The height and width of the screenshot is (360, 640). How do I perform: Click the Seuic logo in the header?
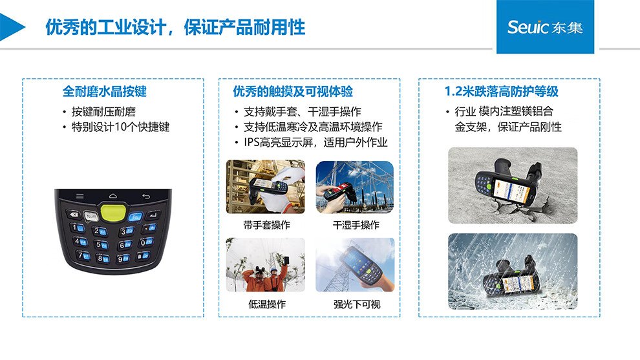point(545,27)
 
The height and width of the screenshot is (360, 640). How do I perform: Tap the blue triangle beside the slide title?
point(12,27)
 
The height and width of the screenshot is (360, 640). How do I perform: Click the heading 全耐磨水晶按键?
point(105,91)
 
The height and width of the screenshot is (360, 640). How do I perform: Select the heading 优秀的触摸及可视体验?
point(293,91)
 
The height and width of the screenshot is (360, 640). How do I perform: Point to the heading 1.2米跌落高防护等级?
point(501,91)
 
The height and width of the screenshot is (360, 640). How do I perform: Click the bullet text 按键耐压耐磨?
point(103,111)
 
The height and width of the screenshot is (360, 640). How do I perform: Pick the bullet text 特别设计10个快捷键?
point(120,127)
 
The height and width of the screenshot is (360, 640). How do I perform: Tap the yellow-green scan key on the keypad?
point(112,212)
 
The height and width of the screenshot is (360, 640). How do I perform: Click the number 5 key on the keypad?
point(101,244)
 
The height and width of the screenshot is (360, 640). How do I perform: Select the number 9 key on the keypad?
point(123,259)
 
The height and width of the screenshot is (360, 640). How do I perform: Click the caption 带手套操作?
point(266,225)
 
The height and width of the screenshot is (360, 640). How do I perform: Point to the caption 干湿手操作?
point(356,225)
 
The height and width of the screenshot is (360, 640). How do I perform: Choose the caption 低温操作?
point(266,304)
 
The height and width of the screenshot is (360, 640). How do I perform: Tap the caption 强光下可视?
point(357,304)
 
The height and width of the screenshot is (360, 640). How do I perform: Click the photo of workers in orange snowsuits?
point(265,264)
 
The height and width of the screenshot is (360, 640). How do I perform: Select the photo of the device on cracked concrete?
point(513,185)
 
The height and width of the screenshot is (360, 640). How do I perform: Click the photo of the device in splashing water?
point(513,271)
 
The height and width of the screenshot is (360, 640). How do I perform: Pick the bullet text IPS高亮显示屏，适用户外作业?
point(315,142)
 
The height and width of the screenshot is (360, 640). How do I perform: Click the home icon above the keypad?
point(113,196)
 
